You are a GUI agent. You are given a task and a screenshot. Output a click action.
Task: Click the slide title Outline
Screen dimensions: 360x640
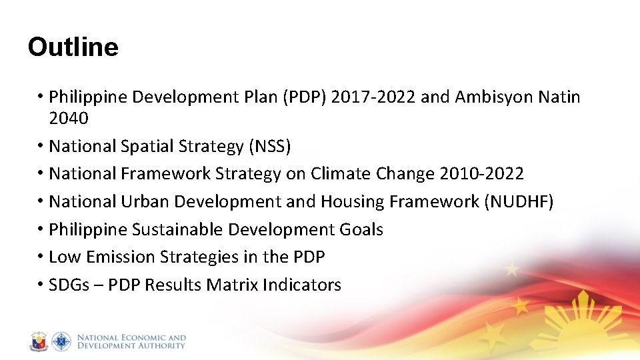(73, 47)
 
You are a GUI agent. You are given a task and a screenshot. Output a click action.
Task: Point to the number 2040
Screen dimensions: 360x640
(69, 118)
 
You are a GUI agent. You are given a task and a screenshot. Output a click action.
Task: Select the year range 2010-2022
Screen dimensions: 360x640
(482, 174)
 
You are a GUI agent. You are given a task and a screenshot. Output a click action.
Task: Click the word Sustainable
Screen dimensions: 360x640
(177, 230)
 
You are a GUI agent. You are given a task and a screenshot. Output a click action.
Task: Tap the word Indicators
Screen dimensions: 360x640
(302, 285)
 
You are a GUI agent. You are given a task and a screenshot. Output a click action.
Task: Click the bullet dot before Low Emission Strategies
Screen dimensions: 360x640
(41, 257)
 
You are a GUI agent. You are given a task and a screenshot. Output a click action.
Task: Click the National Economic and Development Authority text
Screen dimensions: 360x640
(131, 342)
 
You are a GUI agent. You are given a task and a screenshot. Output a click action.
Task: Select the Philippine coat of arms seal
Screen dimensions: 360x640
(39, 342)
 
